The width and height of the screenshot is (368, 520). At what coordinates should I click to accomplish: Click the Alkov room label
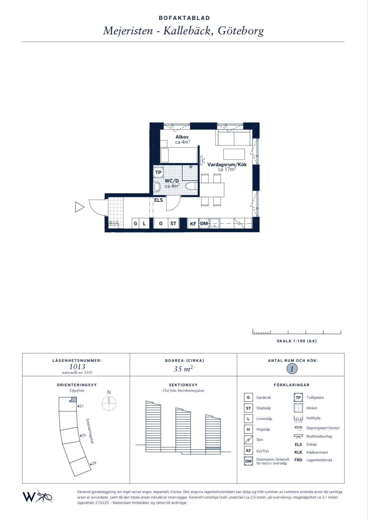[x=182, y=137]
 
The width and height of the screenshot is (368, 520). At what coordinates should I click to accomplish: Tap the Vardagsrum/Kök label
[x=227, y=165]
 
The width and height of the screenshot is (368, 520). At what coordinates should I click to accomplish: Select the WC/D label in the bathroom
[x=172, y=181]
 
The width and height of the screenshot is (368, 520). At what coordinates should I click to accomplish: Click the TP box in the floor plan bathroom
[x=158, y=173]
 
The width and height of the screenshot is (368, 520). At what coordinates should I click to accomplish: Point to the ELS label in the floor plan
[x=158, y=200]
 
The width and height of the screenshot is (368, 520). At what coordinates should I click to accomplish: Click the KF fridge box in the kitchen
[x=193, y=224]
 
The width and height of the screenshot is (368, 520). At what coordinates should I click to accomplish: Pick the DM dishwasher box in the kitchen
[x=204, y=224]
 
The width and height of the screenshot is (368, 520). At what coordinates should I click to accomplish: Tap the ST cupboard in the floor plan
[x=173, y=224]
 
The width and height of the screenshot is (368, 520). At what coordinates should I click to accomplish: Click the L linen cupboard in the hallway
[x=144, y=224]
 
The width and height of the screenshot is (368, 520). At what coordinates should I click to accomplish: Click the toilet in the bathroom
[x=191, y=186]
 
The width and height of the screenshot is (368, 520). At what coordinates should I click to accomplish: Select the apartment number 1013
[x=77, y=367]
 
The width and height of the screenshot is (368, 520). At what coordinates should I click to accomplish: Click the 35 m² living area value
[x=183, y=369]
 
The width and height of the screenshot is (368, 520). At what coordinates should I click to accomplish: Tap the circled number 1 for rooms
[x=292, y=369]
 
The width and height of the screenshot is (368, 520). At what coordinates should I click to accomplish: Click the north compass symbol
[x=109, y=403]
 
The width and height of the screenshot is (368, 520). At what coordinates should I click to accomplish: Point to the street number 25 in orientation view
[x=84, y=435]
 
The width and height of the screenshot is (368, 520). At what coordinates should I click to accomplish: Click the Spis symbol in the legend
[x=248, y=440]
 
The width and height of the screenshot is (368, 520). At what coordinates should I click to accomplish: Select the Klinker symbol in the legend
[x=298, y=408]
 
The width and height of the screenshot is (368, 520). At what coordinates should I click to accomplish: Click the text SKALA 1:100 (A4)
[x=297, y=341]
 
